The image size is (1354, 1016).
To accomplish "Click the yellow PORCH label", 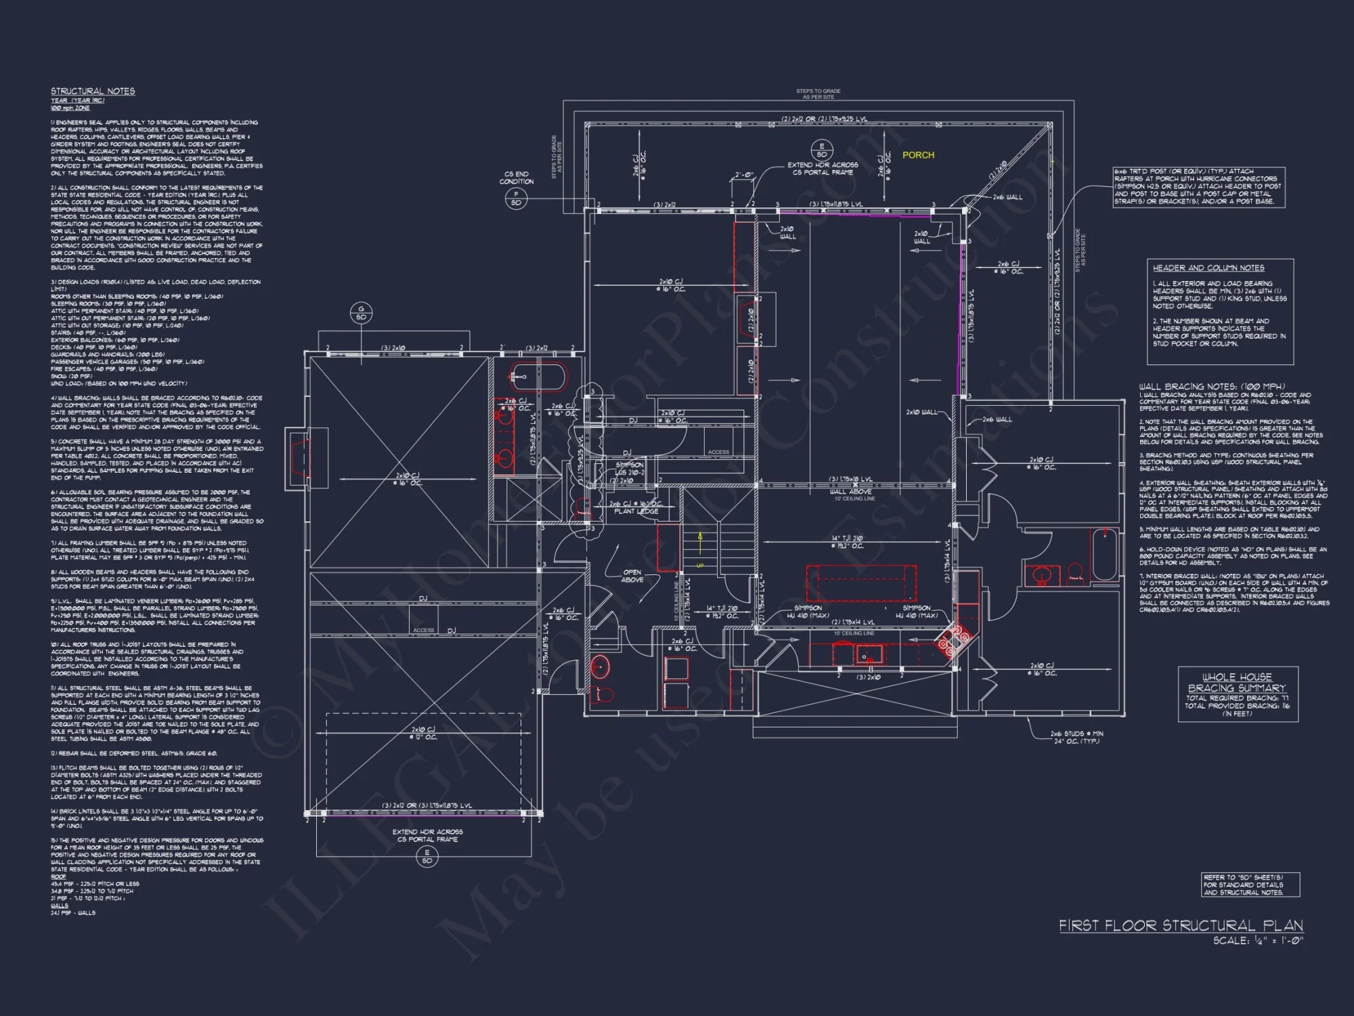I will (918, 155).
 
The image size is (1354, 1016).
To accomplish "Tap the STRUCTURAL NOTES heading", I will (93, 91).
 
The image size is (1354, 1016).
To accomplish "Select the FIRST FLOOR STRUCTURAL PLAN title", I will (1181, 925).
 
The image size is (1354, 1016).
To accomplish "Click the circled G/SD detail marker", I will (361, 313).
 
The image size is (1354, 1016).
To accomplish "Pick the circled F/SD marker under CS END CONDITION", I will (516, 198).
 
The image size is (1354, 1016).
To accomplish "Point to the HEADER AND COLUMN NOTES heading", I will (1208, 268).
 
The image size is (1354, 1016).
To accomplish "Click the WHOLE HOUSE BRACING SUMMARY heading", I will (1237, 682).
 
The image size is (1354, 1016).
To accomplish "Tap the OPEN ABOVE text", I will (632, 576).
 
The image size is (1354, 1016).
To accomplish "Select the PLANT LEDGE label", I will (636, 511).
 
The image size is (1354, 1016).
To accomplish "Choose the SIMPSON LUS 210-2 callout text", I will (630, 469).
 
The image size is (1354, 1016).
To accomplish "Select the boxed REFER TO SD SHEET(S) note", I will (1250, 885).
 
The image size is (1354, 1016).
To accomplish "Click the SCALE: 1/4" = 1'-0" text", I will (1258, 941).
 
